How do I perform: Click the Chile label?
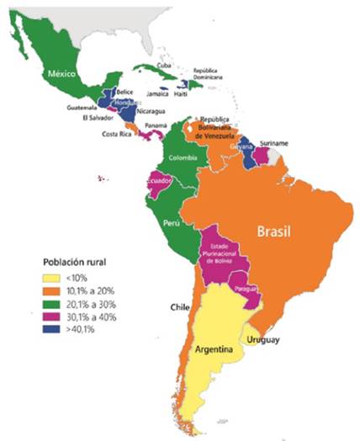pos(177,306)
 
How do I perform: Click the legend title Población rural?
pos(80,261)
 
